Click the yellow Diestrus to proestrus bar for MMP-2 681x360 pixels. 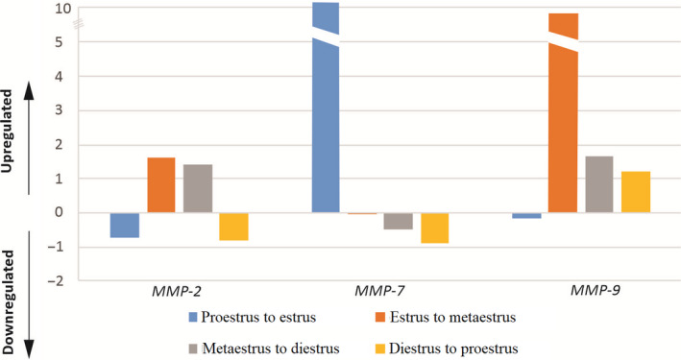pos(233,227)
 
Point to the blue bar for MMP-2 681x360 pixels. pos(124,225)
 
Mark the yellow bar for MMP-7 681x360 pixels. pos(434,228)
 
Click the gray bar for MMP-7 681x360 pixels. pos(398,221)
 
